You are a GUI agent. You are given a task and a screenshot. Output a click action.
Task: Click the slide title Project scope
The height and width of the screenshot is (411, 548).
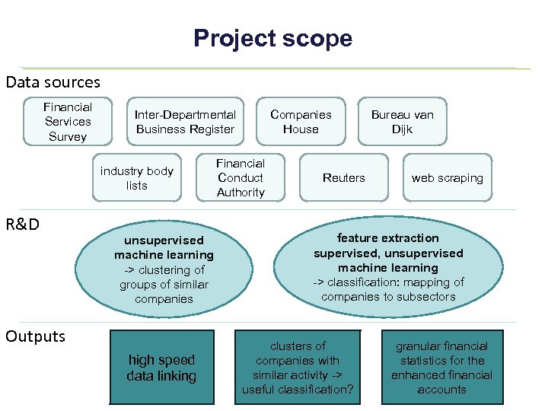click(x=272, y=38)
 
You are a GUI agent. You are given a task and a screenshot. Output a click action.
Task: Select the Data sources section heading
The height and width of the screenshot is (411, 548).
click(x=53, y=81)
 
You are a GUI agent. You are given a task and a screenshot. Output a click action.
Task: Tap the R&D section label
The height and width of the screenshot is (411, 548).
click(x=23, y=225)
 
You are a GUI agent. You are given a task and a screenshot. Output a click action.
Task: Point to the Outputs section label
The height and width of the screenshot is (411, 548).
click(x=36, y=336)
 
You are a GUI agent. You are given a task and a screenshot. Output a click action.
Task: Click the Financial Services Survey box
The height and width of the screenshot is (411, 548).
click(x=68, y=122)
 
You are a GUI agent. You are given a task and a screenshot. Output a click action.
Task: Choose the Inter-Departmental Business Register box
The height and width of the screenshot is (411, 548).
click(x=185, y=122)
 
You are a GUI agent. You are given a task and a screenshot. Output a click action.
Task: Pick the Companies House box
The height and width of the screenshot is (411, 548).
click(x=301, y=122)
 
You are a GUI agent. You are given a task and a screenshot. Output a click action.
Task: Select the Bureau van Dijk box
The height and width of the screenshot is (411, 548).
click(x=402, y=122)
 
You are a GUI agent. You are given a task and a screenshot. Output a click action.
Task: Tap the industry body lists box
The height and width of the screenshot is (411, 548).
click(x=137, y=178)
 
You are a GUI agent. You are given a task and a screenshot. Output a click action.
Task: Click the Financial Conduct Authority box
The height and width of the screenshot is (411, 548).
click(x=241, y=178)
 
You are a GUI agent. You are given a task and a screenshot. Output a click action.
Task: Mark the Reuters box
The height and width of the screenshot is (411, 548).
click(x=344, y=178)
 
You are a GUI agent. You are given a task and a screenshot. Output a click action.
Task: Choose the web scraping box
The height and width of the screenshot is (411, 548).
click(x=448, y=178)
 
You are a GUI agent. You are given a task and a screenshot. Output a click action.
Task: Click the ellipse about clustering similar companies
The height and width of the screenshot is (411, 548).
click(x=164, y=269)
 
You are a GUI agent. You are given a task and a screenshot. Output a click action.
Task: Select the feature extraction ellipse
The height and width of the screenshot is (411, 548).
click(x=388, y=267)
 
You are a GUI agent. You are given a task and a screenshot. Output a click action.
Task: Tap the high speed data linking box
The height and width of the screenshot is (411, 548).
click(x=161, y=368)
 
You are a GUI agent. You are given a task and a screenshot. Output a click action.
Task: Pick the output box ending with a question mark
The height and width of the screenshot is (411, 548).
click(x=298, y=368)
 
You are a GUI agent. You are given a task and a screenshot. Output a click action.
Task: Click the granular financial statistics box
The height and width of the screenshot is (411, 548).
click(x=441, y=368)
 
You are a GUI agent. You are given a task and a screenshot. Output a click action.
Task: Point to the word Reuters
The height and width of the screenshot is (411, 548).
click(x=344, y=178)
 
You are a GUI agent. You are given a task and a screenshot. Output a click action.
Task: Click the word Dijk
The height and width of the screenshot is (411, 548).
click(x=402, y=129)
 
